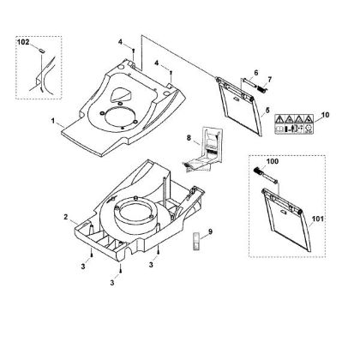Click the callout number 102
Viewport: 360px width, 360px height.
click(x=23, y=42)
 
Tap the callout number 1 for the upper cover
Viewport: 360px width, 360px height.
click(x=53, y=121)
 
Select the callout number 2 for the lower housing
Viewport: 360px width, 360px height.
click(x=66, y=217)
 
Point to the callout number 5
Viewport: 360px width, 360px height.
click(x=267, y=110)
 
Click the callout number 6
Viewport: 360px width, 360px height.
click(x=255, y=73)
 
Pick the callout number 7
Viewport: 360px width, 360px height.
click(x=269, y=79)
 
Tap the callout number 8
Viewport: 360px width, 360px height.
click(x=189, y=138)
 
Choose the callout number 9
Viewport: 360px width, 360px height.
click(x=211, y=231)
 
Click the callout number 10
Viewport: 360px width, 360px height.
click(x=325, y=115)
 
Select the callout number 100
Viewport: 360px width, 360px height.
click(x=273, y=161)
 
